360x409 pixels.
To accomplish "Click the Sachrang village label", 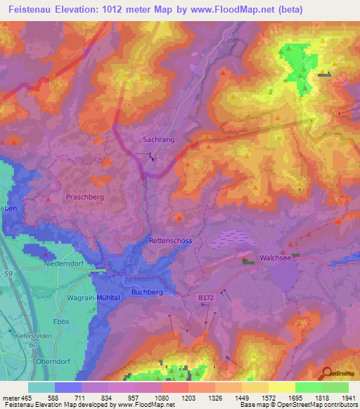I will point(158,140).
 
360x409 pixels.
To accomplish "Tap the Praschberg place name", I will point(84,197).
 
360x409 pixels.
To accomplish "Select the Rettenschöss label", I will point(170,240).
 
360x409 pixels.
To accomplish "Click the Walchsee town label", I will point(275,257).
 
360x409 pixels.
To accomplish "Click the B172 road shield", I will point(205,299).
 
